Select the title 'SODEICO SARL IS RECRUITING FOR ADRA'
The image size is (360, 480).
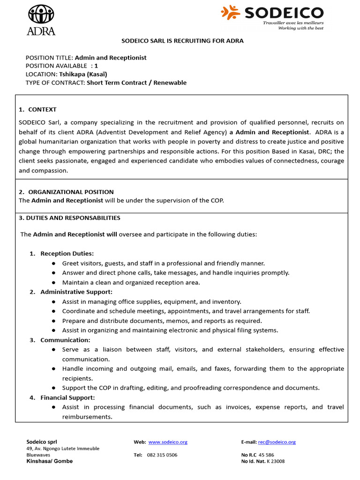pyautogui.click(x=182, y=41)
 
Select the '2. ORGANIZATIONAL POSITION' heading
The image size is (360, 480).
pyautogui.click(x=66, y=192)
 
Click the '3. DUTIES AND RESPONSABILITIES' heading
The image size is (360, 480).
pyautogui.click(x=69, y=218)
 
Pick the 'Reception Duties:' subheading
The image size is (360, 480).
pyautogui.click(x=67, y=254)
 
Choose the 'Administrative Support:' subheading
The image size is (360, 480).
pyautogui.click(x=76, y=292)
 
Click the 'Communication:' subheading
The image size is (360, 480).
pyautogui.click(x=65, y=340)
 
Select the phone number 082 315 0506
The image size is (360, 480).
pyautogui.click(x=162, y=455)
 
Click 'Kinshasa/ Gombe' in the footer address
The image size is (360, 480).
pyautogui.click(x=50, y=461)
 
